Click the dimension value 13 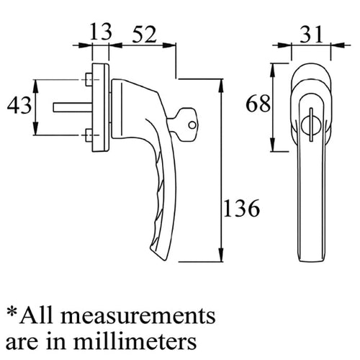101,32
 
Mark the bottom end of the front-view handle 306,258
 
